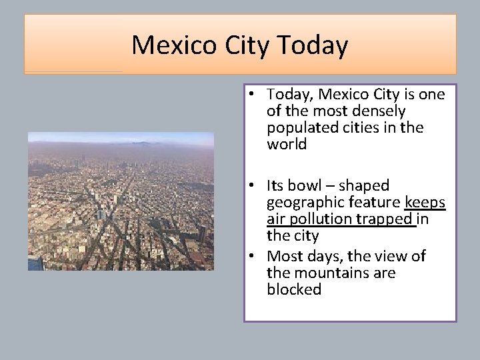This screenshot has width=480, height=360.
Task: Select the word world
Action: tap(287, 144)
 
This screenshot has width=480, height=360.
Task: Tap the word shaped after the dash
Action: tap(365, 185)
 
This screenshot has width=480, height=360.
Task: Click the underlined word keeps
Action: tap(425, 202)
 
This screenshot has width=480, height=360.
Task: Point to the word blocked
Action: tap(294, 289)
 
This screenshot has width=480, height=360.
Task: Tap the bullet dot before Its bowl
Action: tap(255, 186)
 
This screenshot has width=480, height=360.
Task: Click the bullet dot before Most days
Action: tap(255, 257)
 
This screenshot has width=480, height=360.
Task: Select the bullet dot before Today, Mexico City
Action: tap(255, 95)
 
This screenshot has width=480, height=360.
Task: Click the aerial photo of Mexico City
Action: tap(121, 201)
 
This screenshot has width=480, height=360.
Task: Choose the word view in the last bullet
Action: tap(394, 256)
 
